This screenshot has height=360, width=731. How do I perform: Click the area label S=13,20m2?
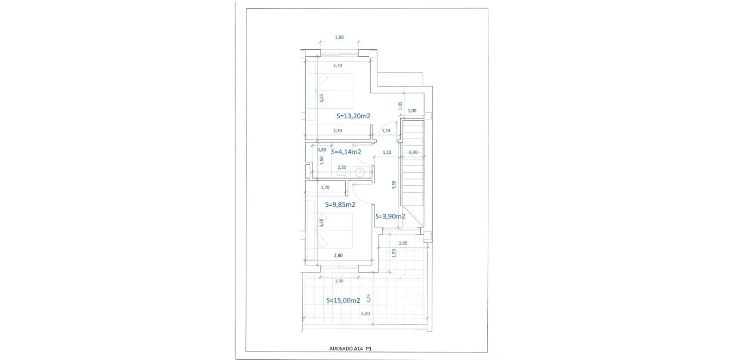pyautogui.click(x=354, y=116)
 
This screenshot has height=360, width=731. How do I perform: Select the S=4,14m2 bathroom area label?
pyautogui.click(x=346, y=152)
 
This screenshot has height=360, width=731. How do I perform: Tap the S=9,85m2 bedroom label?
pyautogui.click(x=340, y=204)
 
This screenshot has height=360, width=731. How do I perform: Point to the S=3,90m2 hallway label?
pyautogui.click(x=390, y=216)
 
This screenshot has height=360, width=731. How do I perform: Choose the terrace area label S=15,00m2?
pyautogui.click(x=343, y=300)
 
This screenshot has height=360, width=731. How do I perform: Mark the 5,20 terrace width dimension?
pyautogui.click(x=366, y=314)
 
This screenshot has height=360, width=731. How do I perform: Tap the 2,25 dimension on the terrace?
pyautogui.click(x=369, y=298)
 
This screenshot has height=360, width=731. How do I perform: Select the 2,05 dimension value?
pyautogui.click(x=403, y=243)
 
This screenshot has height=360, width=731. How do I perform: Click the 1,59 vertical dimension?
pyautogui.click(x=394, y=253)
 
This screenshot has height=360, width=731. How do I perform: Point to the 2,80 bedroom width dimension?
pyautogui.click(x=338, y=255)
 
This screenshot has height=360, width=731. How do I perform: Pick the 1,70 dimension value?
pyautogui.click(x=325, y=187)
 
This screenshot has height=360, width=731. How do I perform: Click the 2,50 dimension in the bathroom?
pyautogui.click(x=342, y=167)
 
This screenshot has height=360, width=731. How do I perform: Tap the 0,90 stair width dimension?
pyautogui.click(x=413, y=152)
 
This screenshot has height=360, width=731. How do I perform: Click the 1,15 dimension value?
pyautogui.click(x=387, y=131)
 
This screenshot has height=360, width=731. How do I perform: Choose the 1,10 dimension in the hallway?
pyautogui.click(x=387, y=152)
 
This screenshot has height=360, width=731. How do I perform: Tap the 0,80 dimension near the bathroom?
pyautogui.click(x=322, y=150)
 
